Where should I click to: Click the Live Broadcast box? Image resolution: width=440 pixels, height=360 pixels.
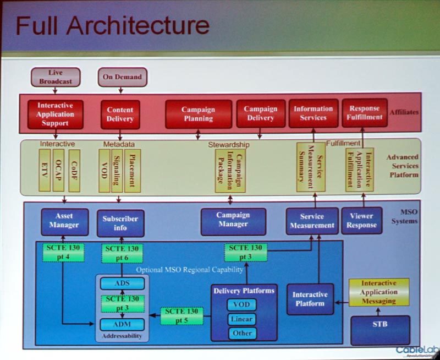click(56, 77)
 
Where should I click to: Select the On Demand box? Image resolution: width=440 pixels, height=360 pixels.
click(122, 77)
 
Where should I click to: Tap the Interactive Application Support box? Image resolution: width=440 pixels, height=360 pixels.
click(55, 114)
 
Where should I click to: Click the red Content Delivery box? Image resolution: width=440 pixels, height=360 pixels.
click(120, 114)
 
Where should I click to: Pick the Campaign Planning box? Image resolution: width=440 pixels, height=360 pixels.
click(198, 114)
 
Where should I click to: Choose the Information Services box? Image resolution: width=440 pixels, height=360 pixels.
click(313, 113)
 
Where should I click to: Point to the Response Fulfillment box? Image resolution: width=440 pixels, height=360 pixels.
click(364, 113)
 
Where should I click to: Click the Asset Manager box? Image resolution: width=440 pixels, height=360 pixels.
click(64, 221)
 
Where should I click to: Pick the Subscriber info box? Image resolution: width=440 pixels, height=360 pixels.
click(120, 223)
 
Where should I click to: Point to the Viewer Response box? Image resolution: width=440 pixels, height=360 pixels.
click(361, 220)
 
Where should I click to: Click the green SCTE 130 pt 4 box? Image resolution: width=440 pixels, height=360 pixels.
click(63, 252)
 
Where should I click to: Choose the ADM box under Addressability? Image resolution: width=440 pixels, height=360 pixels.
click(122, 324)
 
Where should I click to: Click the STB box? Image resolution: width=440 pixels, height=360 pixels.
click(380, 324)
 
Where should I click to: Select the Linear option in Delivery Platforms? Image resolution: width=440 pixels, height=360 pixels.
click(242, 319)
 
